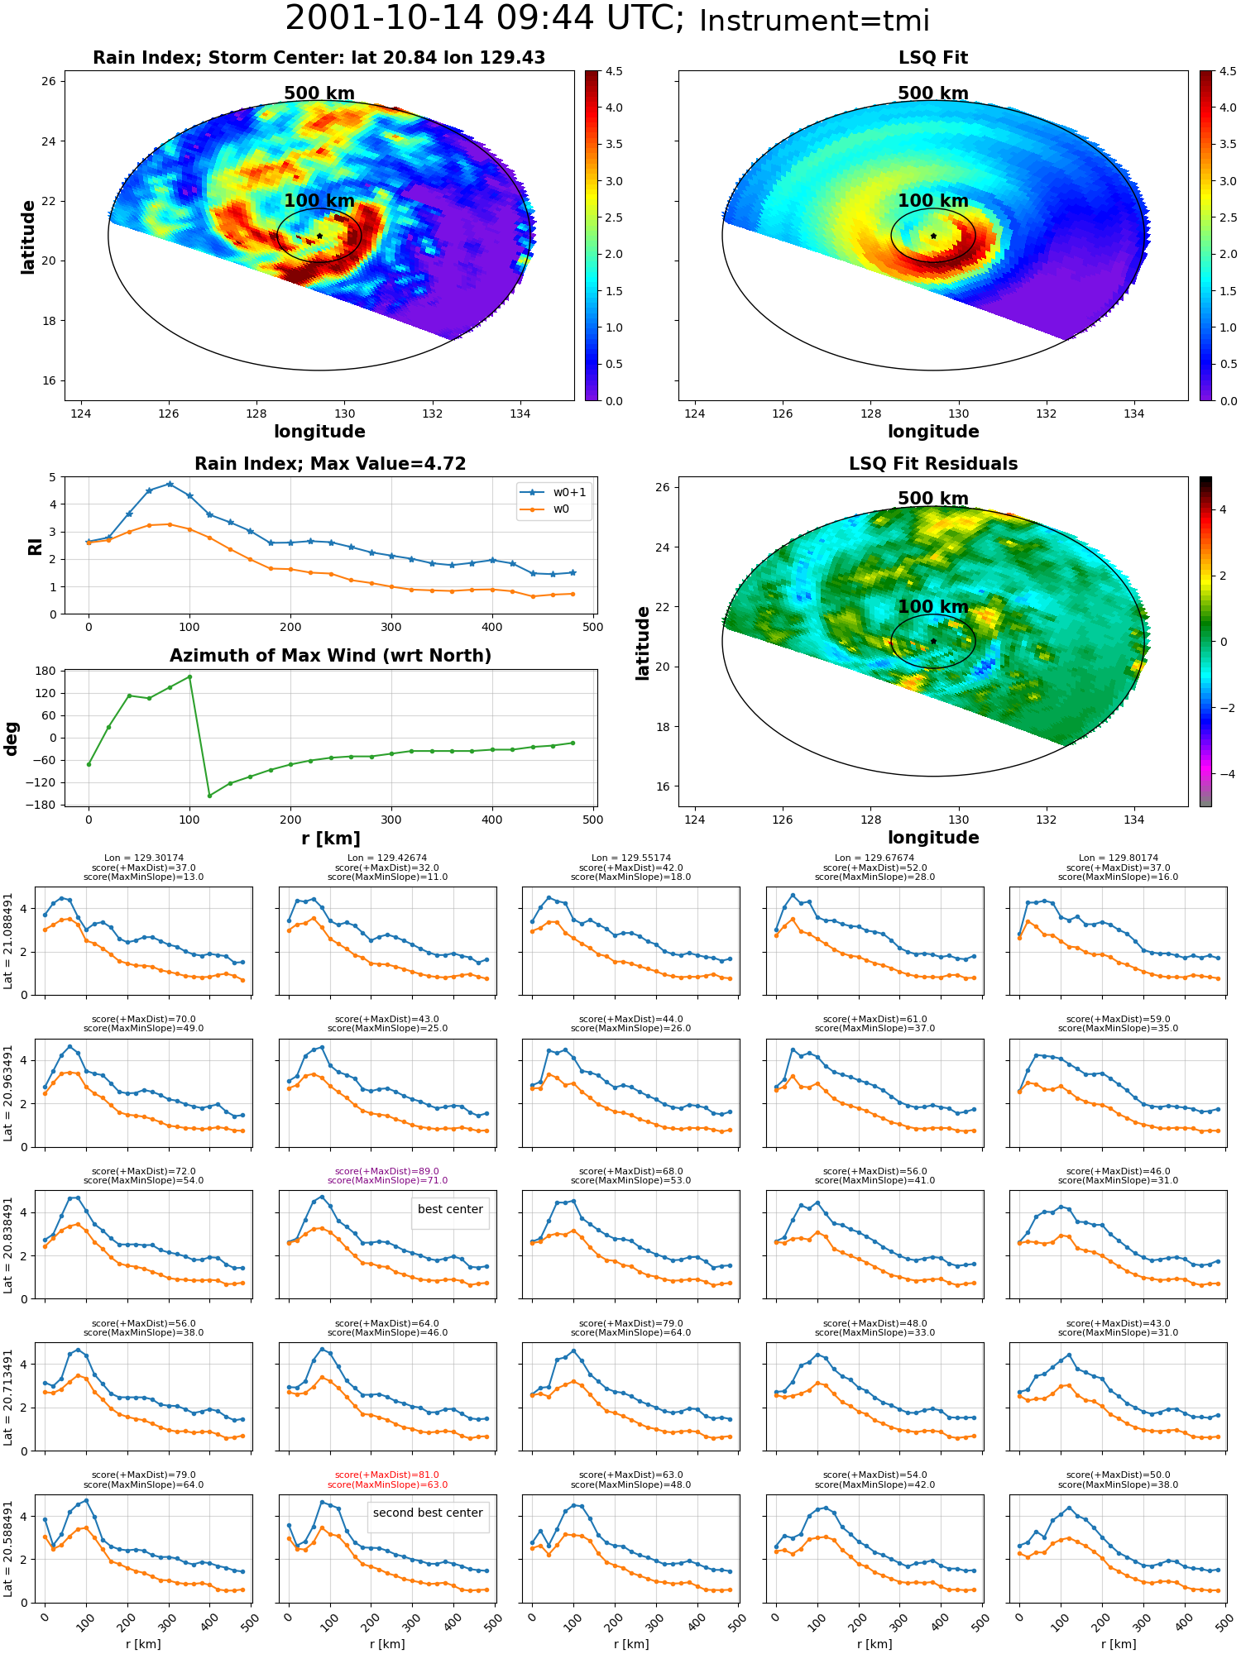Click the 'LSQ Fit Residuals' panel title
tap(933, 464)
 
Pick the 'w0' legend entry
tap(545, 509)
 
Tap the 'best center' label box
tap(450, 1209)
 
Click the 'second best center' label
tap(428, 1513)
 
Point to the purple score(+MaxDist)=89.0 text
tap(387, 1171)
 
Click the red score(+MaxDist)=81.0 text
tap(387, 1475)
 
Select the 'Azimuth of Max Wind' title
tap(330, 656)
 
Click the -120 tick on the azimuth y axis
tap(41, 782)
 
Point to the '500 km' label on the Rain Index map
tap(319, 93)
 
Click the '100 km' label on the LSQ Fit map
tap(933, 201)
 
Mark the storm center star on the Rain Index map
tap(319, 236)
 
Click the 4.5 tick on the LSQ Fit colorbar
tap(1228, 71)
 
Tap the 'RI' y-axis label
tap(35, 547)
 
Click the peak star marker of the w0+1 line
tap(170, 484)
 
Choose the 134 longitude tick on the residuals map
tap(1134, 820)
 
